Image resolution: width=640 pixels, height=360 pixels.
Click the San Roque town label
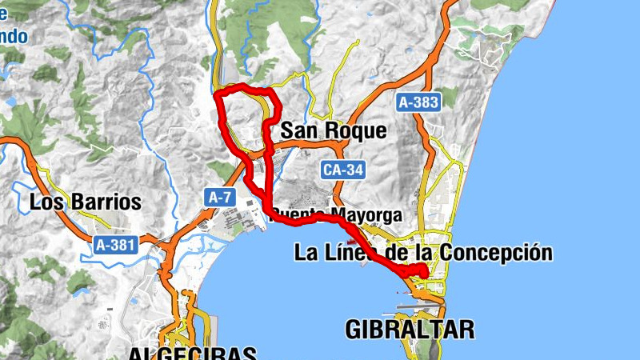coord(334,130)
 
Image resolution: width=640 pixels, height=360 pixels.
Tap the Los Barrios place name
coord(85,202)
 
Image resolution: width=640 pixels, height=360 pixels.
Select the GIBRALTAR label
coord(410,328)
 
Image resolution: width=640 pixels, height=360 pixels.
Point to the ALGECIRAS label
coord(192,354)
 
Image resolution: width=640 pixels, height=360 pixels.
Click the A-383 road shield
coord(418,102)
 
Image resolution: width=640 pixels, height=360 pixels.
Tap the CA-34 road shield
coord(345,170)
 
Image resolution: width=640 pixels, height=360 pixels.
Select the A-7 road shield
coord(220,196)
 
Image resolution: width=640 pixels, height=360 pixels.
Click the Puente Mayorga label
coord(346,214)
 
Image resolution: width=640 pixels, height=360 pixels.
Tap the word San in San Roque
coord(297,130)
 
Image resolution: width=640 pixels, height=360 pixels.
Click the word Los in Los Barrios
coord(45,202)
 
